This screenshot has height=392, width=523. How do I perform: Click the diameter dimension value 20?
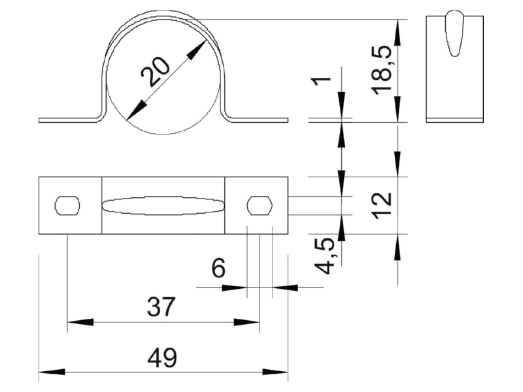tap(156, 73)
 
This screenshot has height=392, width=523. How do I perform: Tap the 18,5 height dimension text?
tap(382, 71)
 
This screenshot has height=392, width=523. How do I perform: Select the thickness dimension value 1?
tap(321, 80)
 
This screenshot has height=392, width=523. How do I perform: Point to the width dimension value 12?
tap(382, 206)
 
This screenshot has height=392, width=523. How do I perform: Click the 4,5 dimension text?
tap(325, 255)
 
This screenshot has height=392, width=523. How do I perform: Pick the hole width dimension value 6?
tap(219, 268)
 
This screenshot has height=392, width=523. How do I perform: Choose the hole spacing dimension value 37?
tap(161, 307)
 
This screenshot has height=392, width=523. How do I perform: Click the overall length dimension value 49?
tap(162, 357)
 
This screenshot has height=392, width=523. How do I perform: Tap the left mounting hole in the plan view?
tap(67, 206)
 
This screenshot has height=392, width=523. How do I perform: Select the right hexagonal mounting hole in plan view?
tap(260, 206)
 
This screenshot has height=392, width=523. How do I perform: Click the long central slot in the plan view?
tap(163, 206)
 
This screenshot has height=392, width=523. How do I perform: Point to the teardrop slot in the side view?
tap(454, 33)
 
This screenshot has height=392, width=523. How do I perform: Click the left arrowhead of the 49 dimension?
tap(52, 372)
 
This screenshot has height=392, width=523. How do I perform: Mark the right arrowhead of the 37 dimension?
tap(246, 322)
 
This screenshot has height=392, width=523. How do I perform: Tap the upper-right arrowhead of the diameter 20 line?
tap(196, 50)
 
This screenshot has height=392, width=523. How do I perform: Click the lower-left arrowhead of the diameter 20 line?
tap(137, 110)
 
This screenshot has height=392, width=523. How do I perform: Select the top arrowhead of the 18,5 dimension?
tap(397, 33)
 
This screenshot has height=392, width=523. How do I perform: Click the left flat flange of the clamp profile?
tap(69, 120)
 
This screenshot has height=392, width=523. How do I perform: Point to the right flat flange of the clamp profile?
tap(259, 120)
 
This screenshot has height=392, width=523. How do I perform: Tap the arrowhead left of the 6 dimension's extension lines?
tap(234, 287)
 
